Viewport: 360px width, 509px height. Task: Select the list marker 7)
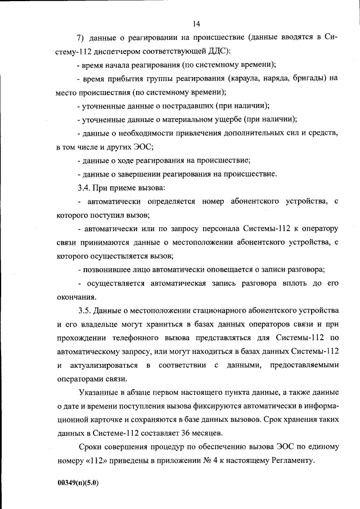coord(80,38)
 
